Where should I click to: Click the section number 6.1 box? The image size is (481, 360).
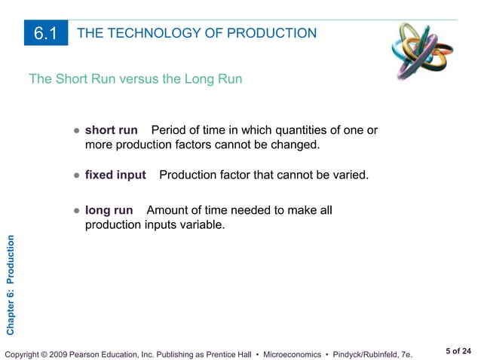[x=45, y=33]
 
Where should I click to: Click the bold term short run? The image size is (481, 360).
[x=111, y=130]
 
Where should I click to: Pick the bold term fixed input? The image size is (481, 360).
[x=115, y=175]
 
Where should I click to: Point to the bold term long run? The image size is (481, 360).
[x=109, y=210]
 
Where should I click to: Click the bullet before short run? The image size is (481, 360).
[x=77, y=131]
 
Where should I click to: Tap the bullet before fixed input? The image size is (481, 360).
[x=77, y=175]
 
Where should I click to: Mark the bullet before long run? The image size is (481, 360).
[x=77, y=211]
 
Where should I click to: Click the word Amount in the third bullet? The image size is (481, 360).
[x=167, y=210]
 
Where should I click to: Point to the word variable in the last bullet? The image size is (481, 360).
[x=204, y=224]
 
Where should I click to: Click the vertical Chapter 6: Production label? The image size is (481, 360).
[x=10, y=285]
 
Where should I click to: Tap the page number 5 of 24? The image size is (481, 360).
[x=457, y=350]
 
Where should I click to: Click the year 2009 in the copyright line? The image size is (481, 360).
[x=61, y=352]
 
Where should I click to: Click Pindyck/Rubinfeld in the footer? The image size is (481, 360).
[x=380, y=352]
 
